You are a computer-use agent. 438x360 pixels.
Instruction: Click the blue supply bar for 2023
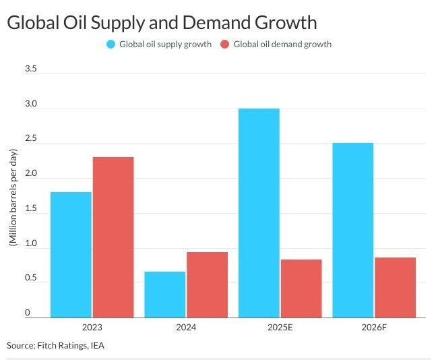pyautogui.click(x=71, y=254)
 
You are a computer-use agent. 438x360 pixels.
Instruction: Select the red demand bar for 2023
pyautogui.click(x=113, y=237)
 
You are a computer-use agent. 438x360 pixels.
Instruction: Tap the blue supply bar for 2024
pyautogui.click(x=165, y=294)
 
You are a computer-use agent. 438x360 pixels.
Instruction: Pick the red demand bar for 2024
pyautogui.click(x=207, y=284)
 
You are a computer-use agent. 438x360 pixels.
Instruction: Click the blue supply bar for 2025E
pyautogui.click(x=259, y=212)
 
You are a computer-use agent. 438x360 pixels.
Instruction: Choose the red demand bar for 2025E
pyautogui.click(x=301, y=288)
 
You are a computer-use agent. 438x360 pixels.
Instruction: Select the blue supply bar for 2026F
pyautogui.click(x=352, y=230)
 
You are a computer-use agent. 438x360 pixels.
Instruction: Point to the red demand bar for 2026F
pyautogui.click(x=395, y=287)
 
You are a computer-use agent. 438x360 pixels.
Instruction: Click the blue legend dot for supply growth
pyautogui.click(x=111, y=44)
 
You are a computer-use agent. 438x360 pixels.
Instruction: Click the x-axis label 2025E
pyautogui.click(x=280, y=327)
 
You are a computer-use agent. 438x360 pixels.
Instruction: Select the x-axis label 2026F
pyautogui.click(x=374, y=327)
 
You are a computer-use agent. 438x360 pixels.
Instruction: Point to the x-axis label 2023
pyautogui.click(x=92, y=327)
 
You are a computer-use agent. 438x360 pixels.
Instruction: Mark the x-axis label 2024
pyautogui.click(x=186, y=327)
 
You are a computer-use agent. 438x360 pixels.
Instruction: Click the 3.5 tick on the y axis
pyautogui.click(x=30, y=69)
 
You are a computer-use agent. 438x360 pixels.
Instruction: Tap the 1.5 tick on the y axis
pyautogui.click(x=30, y=209)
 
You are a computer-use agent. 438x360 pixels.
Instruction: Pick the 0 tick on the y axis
pyautogui.click(x=28, y=313)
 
